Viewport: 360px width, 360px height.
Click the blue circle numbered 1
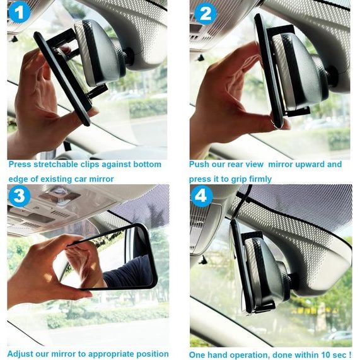pyautogui.click(x=20, y=12)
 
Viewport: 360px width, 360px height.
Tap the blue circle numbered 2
pyautogui.click(x=206, y=13)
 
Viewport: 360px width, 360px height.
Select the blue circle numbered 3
pyautogui.click(x=20, y=196)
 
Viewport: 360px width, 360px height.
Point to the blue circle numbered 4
pyautogui.click(x=202, y=196)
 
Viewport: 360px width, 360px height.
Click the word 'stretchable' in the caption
pyautogui.click(x=55, y=165)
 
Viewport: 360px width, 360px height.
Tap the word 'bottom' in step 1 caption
pyautogui.click(x=147, y=165)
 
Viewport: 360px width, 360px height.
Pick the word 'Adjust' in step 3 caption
pyautogui.click(x=20, y=354)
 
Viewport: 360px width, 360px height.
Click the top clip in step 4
pyautogui.click(x=252, y=236)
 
